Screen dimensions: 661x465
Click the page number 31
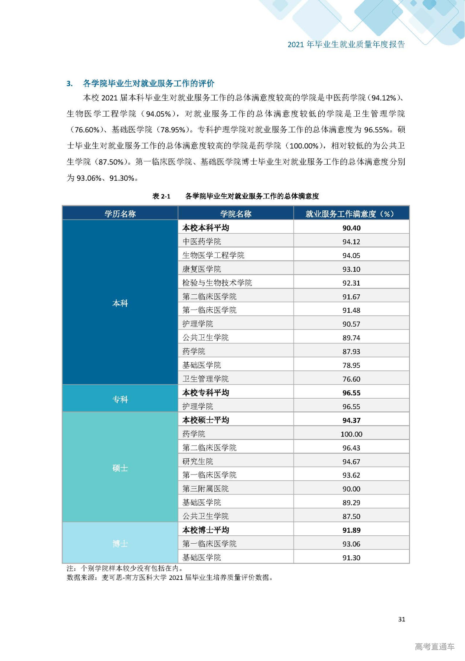coord(401,619)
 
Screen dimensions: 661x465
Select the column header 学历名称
coord(120,214)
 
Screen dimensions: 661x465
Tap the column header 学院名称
coord(236,214)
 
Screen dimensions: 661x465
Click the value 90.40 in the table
coord(351,228)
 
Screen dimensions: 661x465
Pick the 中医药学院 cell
coord(202,242)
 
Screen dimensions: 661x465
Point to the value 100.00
coord(351,434)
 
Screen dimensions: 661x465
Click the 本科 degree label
coord(120,303)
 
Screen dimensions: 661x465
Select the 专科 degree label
coord(120,399)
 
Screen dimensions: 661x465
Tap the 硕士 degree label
coord(120,468)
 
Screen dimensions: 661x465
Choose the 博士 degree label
coord(120,544)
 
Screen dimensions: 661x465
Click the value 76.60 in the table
coord(351,379)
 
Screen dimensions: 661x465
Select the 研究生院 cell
coord(198,462)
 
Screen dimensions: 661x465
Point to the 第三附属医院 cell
coord(206,489)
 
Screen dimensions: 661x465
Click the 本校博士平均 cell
coord(206,530)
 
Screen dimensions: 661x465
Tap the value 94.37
coord(351,420)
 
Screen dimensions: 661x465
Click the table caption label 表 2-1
coord(161,196)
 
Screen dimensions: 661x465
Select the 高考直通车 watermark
coord(434,646)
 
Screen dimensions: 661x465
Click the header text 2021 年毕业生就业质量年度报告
coord(346,44)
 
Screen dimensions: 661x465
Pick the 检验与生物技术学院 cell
coord(217,283)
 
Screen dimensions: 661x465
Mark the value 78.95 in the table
coord(351,365)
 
